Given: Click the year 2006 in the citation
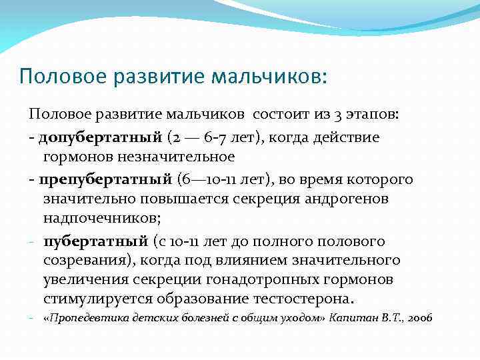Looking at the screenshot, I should coord(418,319).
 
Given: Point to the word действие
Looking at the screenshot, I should coord(351,137).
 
